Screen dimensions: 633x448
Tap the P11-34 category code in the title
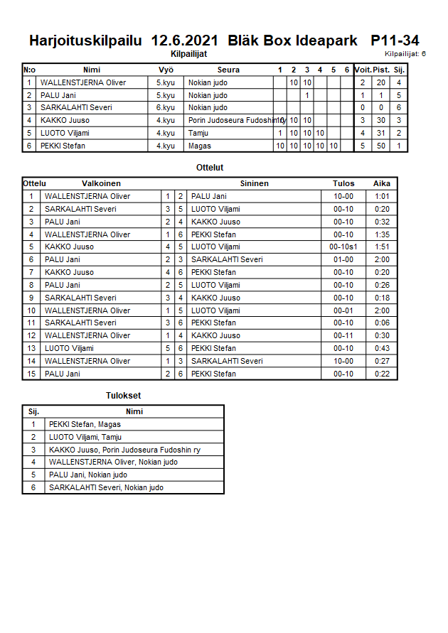(x=400, y=40)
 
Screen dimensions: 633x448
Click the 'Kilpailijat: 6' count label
(x=405, y=53)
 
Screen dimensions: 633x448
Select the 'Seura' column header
(x=228, y=70)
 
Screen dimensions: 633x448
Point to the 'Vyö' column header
(x=166, y=70)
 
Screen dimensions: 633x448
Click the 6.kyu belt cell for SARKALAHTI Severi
(x=166, y=107)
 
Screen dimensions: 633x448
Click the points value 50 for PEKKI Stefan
(x=381, y=146)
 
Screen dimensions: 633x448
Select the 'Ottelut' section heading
(x=210, y=168)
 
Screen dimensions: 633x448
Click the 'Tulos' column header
(x=343, y=183)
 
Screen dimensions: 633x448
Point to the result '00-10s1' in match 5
(x=343, y=247)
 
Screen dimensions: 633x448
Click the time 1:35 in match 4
(x=382, y=234)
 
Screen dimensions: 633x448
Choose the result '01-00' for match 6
(x=343, y=259)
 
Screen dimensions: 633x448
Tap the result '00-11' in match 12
(x=343, y=335)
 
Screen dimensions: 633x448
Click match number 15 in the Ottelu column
(x=31, y=374)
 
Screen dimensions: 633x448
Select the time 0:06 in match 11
(x=382, y=323)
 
